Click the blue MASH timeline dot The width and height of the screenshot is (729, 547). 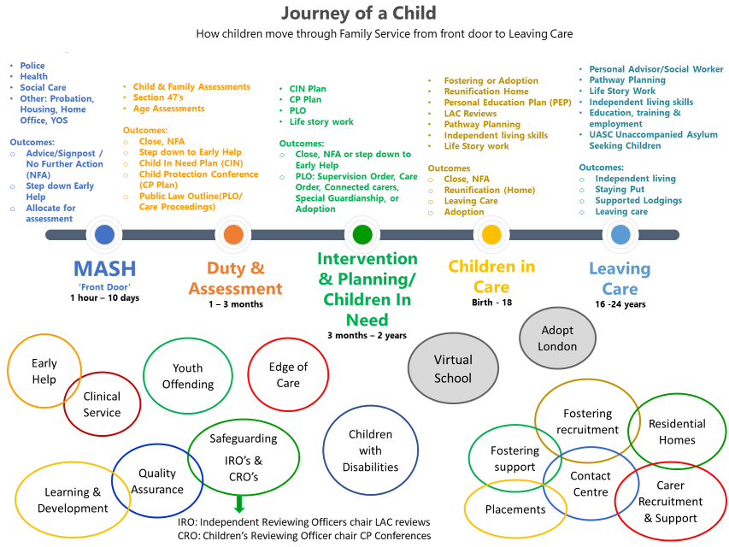pos(104,234)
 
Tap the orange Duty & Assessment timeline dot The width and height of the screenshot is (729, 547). pos(233,234)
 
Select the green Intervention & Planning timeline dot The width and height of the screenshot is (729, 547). pos(362,234)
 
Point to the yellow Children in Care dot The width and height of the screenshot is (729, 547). pos(491,234)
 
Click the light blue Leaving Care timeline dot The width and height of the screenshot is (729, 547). pos(620,234)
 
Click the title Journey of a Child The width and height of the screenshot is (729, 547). pos(358,14)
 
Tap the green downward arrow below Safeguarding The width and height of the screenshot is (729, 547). pos(239,503)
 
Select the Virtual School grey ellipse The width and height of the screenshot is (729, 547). pos(453,369)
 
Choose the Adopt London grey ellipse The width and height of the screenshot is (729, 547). pos(558,338)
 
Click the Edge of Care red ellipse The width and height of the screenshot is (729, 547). pos(288,374)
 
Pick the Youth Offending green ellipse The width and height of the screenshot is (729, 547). pos(188,376)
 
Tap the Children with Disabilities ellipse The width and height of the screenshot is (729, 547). pos(371,450)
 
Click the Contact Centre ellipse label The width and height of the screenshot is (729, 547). pos(591,484)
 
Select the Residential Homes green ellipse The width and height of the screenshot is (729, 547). pos(677,432)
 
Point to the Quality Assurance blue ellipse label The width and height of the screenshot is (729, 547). pos(157,481)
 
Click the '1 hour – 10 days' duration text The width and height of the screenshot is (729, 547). pos(105,298)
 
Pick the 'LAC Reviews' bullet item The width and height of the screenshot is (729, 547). pos(469,114)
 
